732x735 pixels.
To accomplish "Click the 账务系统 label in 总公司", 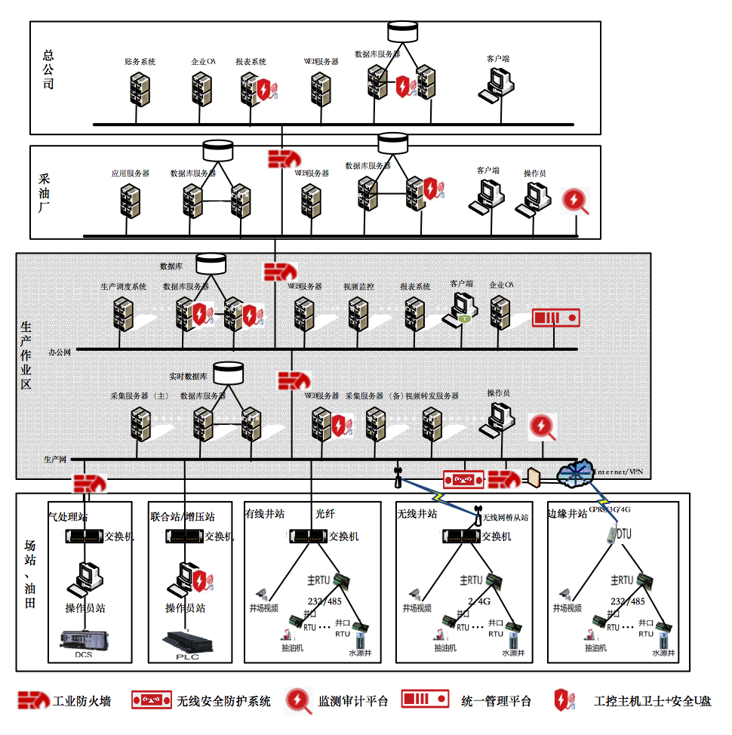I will click(x=140, y=62).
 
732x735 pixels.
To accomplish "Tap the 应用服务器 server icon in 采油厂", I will click(x=130, y=201).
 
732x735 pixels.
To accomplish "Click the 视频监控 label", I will click(x=358, y=287).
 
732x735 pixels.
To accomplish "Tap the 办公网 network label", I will click(x=60, y=352).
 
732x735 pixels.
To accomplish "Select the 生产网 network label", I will click(x=55, y=459).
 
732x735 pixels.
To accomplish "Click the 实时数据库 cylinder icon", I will click(x=228, y=373).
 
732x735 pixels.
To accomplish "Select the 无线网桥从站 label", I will click(x=505, y=518).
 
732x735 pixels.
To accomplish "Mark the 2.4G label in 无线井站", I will click(x=479, y=601).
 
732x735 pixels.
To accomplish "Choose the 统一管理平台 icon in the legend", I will click(x=426, y=700).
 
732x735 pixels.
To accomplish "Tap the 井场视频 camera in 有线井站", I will click(x=263, y=593).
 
